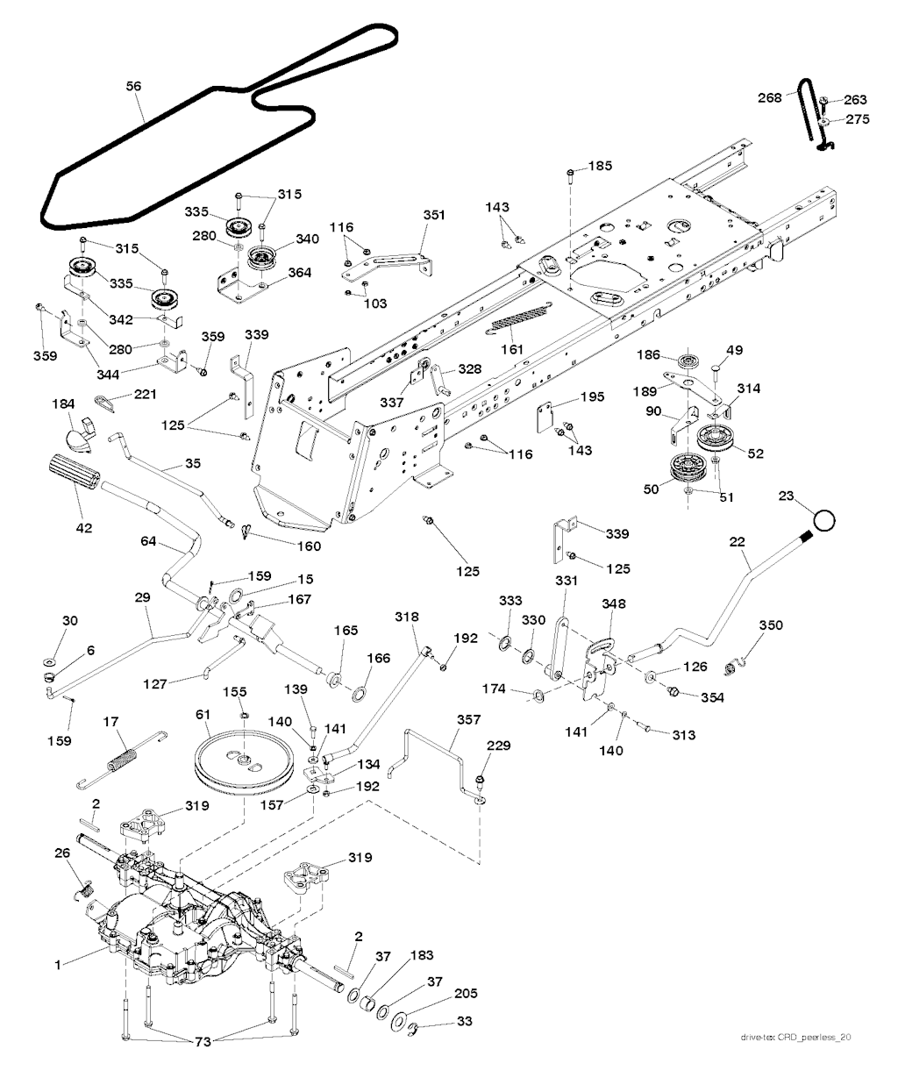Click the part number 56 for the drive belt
pos(133,86)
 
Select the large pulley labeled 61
pos(236,761)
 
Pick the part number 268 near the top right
pos(769,98)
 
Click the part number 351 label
pos(433,214)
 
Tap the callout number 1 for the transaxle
pos(58,965)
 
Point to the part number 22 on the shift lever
pos(737,544)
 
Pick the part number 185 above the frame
pos(601,166)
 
